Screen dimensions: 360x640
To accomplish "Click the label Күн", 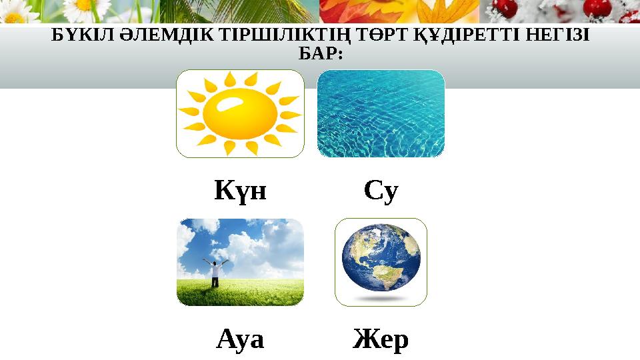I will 240,192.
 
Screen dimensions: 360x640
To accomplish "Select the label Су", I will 381,192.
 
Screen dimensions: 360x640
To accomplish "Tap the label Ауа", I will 240,341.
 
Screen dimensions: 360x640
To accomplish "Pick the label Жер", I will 381,341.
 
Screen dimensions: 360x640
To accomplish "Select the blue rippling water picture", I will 381,113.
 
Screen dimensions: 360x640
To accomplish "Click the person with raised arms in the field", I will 215,271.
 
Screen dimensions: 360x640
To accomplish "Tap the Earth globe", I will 381,261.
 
